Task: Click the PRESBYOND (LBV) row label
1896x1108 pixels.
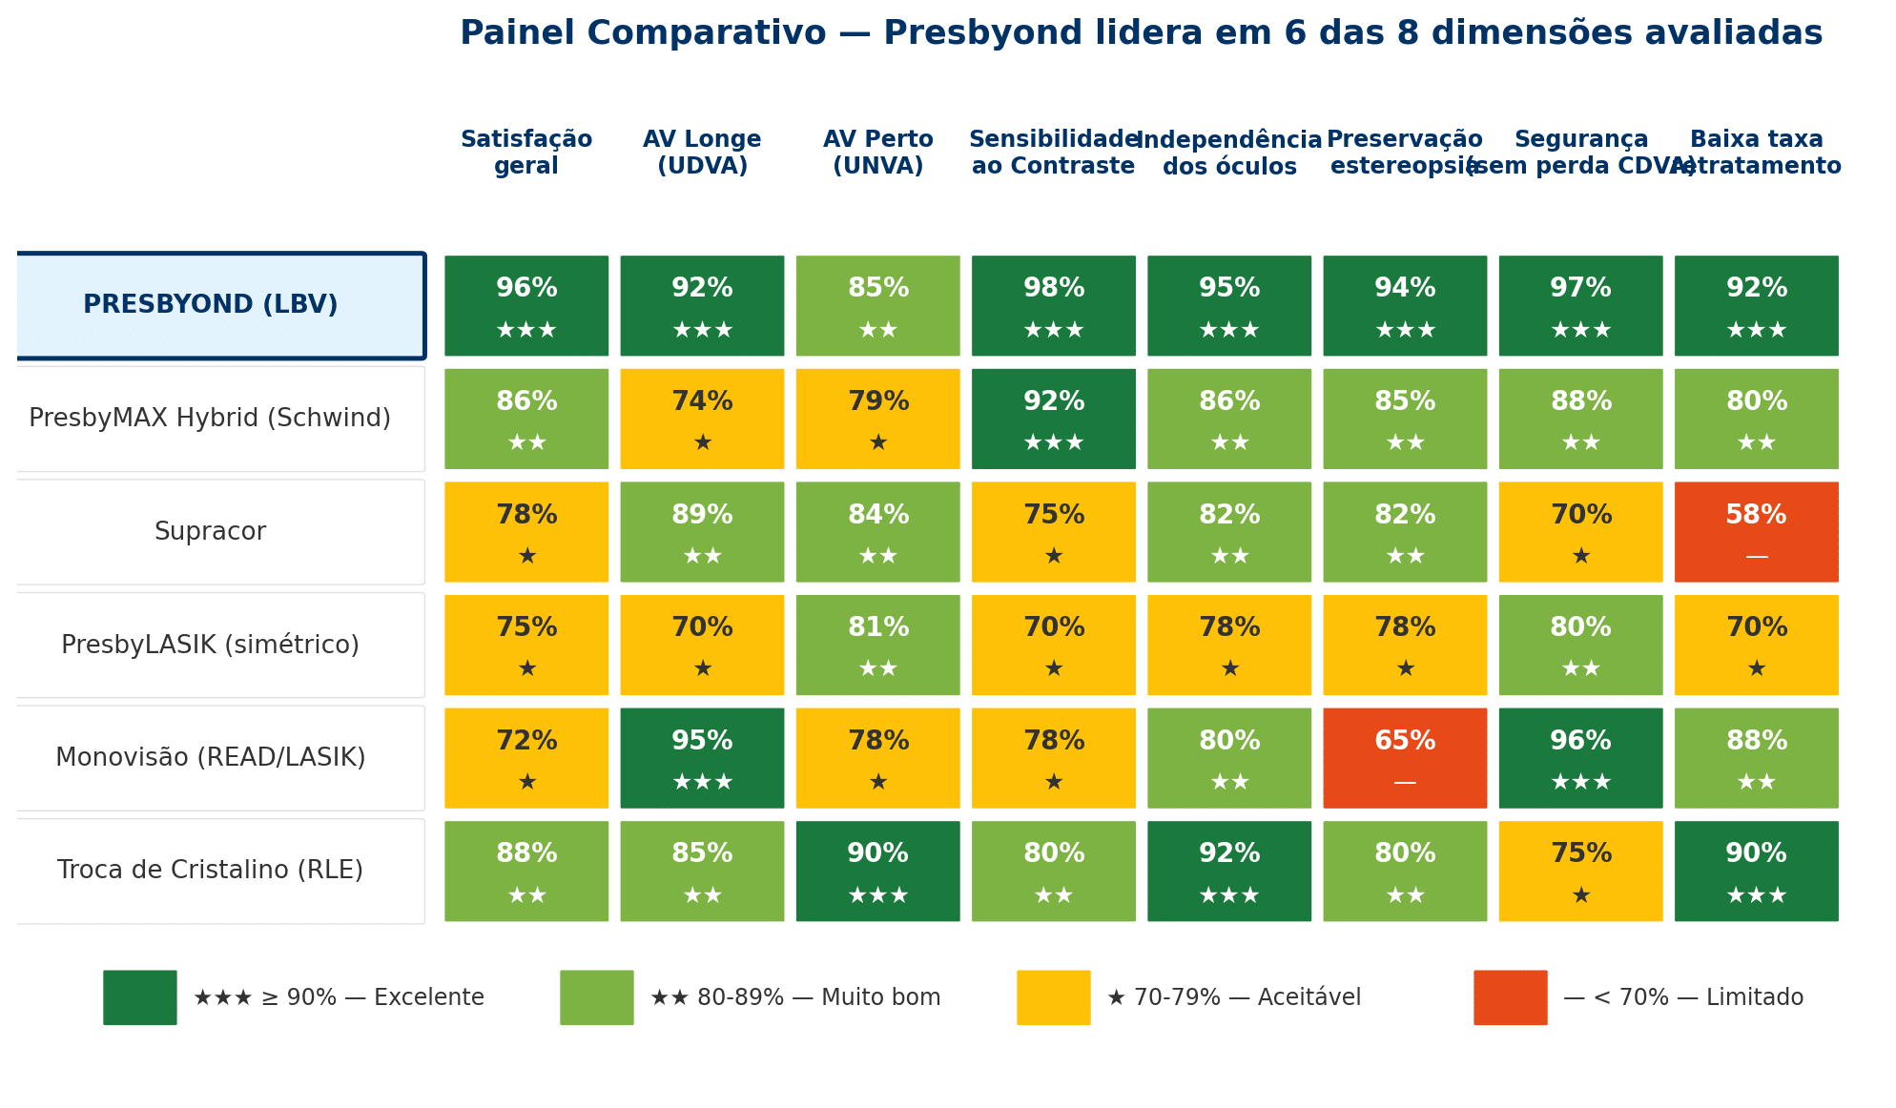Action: [x=211, y=305]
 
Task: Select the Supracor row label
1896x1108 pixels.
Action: [x=211, y=532]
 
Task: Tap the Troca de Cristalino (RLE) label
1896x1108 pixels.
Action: [x=211, y=871]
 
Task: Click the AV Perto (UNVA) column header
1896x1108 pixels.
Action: [x=877, y=153]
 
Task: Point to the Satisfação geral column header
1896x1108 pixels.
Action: [x=526, y=153]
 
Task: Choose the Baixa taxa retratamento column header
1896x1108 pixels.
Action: [x=1756, y=153]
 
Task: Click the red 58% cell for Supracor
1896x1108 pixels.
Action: [x=1756, y=532]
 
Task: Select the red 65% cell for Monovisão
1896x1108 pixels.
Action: [x=1404, y=758]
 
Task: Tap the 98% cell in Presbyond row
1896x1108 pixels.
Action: [x=1053, y=305]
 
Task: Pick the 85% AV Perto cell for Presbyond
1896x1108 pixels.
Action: [x=877, y=305]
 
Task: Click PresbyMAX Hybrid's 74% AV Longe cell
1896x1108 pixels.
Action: [x=702, y=419]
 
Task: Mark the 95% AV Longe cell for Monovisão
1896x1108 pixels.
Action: [x=702, y=758]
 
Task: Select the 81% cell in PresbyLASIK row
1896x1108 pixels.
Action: [x=877, y=645]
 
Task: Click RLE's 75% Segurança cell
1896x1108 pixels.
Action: [x=1580, y=871]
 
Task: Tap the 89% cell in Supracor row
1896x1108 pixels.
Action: [x=702, y=532]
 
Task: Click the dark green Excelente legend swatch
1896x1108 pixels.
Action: [x=140, y=997]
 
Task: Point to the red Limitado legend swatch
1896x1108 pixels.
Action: [x=1510, y=997]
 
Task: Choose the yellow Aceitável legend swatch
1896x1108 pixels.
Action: [x=1053, y=997]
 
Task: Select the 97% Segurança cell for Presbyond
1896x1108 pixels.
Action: [x=1580, y=305]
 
